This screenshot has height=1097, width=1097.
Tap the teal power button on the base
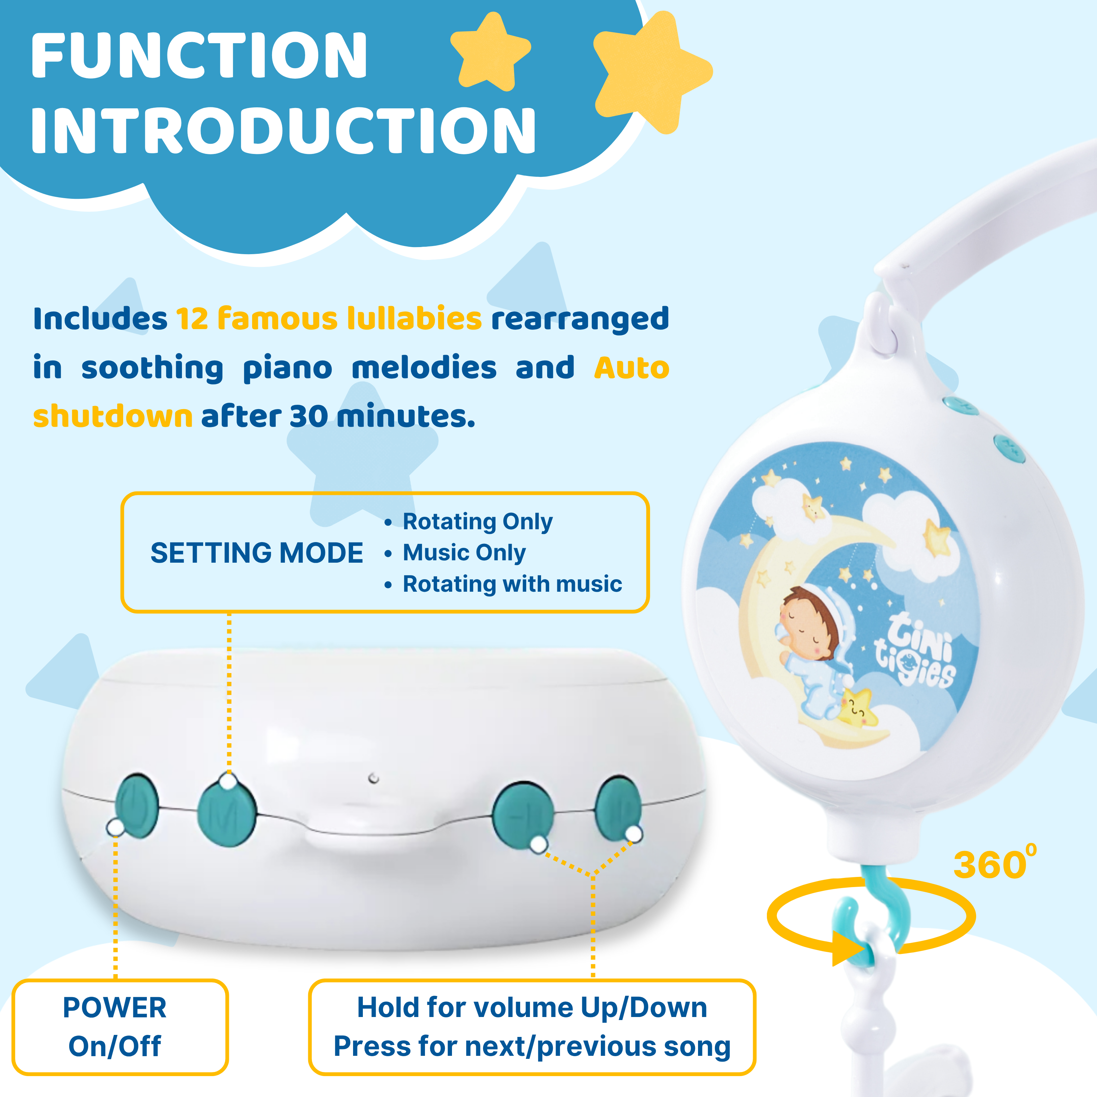point(136,805)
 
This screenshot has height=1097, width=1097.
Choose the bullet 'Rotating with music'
point(512,583)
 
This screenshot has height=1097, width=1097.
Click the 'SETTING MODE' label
point(257,553)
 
